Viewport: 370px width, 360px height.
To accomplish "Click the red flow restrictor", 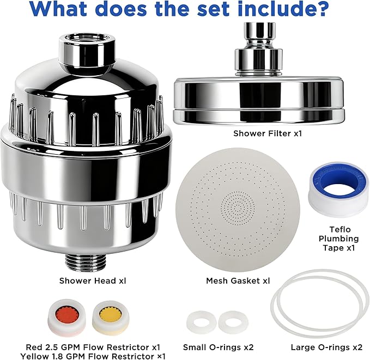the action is (x=67, y=317).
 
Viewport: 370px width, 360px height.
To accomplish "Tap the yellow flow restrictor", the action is (x=111, y=317).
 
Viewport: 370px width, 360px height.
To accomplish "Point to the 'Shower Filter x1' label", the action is (x=268, y=133).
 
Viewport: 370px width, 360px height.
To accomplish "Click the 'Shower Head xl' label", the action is (x=93, y=280).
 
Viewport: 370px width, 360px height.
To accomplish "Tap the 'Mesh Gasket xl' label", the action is (x=238, y=280).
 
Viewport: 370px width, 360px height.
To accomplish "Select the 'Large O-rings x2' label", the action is (x=326, y=347).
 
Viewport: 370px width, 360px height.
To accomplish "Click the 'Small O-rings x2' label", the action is (x=219, y=347).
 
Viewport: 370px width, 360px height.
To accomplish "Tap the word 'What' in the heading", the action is (x=60, y=9).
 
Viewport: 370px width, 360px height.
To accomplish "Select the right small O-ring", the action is (x=233, y=322).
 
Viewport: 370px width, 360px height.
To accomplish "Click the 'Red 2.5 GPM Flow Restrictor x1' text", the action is (x=93, y=347).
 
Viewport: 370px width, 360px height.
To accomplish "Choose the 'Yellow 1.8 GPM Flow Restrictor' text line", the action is (x=93, y=356).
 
